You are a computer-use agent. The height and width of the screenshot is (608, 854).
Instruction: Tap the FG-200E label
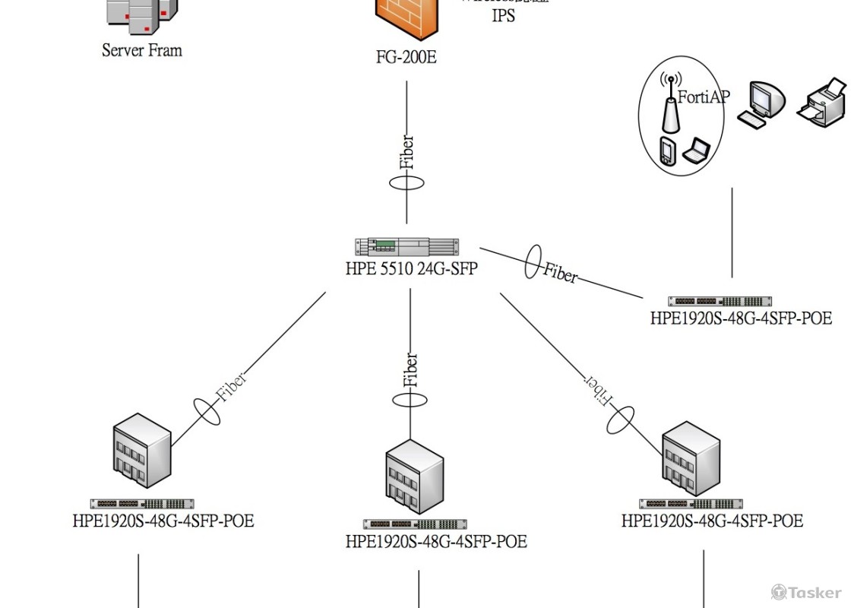pos(406,57)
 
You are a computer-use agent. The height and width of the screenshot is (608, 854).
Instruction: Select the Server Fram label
pos(142,51)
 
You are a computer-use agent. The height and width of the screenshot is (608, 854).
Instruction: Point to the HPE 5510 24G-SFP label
pos(411,268)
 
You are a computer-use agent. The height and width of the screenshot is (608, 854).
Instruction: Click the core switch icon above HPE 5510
pos(407,246)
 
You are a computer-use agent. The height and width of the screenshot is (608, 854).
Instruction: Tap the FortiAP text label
pos(704,97)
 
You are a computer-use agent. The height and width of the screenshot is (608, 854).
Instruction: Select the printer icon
pos(822,100)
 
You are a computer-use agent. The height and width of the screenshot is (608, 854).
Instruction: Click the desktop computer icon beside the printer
pos(761,103)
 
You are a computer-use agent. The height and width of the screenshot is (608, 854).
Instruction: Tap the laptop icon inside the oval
pos(696,150)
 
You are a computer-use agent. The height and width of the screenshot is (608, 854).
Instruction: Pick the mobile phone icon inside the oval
pos(666,152)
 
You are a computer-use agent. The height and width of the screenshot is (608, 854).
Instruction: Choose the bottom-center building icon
pos(414,477)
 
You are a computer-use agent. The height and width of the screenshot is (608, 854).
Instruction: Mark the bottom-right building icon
pos(691,458)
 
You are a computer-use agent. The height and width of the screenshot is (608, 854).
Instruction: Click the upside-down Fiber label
pos(598,389)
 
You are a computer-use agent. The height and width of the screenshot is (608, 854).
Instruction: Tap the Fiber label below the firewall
pos(407,152)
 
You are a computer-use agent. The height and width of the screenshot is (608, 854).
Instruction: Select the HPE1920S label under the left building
pos(163,521)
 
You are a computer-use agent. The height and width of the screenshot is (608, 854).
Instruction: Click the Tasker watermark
pos(806,592)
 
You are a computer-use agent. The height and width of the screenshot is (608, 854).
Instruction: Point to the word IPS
pos(503,15)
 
